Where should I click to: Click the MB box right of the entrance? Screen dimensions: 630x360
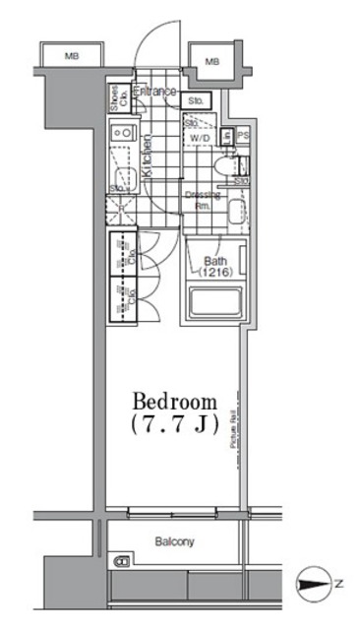point(211,62)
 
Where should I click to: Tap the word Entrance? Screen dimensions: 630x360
point(155,92)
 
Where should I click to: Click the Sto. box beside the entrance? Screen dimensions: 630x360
point(195,99)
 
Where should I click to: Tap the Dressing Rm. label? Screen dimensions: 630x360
point(201,200)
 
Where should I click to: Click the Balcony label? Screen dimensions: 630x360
point(173,541)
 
